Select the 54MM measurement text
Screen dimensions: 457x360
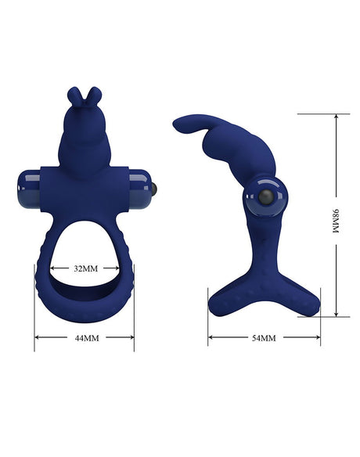(x=264, y=338)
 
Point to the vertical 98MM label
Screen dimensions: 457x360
(x=337, y=223)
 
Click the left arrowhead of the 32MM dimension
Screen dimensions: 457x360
(x=53, y=267)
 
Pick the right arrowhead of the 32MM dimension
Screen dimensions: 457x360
(x=117, y=267)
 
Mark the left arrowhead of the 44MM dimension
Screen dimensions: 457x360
(x=37, y=338)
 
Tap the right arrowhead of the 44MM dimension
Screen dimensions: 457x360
(x=132, y=338)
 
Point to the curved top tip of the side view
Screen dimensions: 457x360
(x=178, y=122)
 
